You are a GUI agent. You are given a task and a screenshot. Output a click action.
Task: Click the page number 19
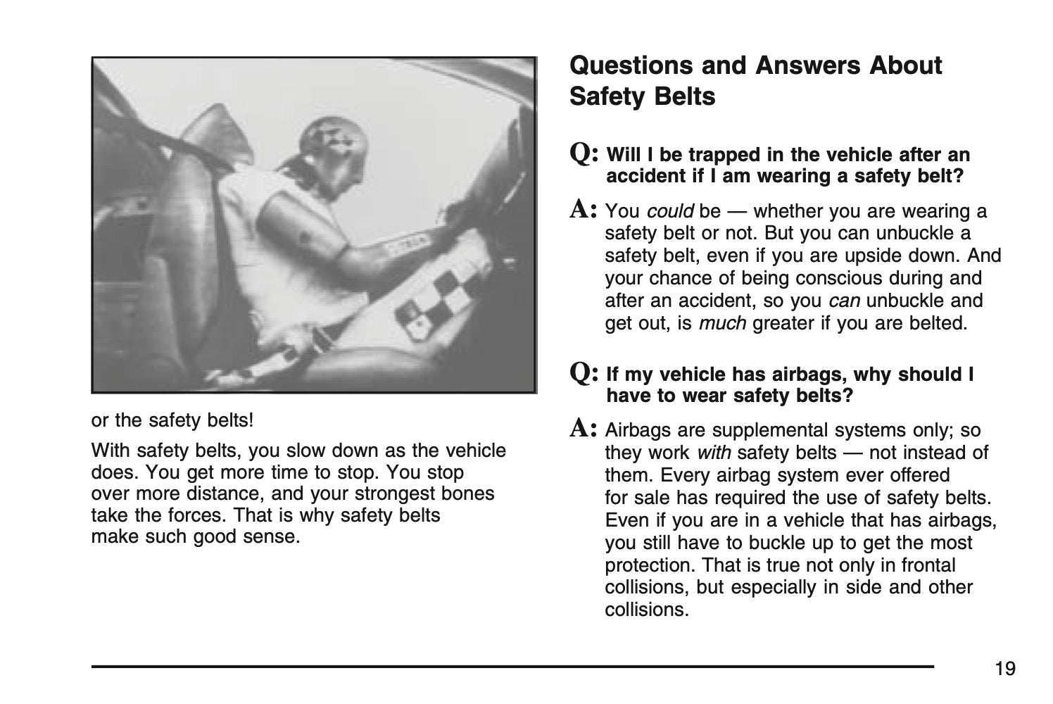pos(1005,669)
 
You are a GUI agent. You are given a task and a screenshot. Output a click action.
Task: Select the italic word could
pos(670,211)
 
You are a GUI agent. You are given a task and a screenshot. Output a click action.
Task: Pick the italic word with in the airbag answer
pos(714,453)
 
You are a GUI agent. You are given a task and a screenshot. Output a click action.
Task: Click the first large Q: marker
pos(584,153)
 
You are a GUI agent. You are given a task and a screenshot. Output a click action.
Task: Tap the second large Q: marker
pos(584,372)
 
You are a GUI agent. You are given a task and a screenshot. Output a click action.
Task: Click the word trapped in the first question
pos(714,155)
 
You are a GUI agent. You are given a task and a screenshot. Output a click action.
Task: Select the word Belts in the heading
pos(679,96)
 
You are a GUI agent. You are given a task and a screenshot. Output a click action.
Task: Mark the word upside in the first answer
pos(893,256)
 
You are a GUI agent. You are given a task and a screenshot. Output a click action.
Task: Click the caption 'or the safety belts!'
pos(172,421)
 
